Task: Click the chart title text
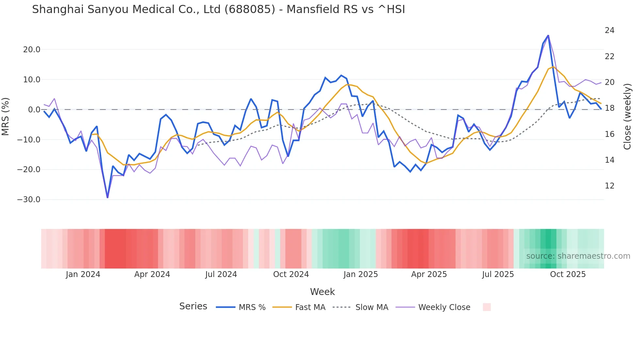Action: pos(218,9)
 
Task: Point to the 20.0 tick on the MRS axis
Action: pos(32,50)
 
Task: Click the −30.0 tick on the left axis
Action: pos(29,200)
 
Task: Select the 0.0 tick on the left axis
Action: pos(34,110)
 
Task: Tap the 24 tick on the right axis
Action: pos(609,30)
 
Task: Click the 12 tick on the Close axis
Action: pos(609,186)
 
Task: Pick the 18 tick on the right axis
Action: pos(609,108)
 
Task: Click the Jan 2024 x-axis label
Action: pos(83,274)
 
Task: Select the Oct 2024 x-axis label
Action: pos(291,274)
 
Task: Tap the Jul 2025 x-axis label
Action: pos(498,274)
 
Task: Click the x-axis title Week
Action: pos(322,292)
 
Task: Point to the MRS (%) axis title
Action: pos(6,116)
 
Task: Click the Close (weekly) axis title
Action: pos(627,116)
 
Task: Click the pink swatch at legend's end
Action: pos(487,307)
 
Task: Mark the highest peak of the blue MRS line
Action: pos(548,35)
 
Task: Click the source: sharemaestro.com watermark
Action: pos(578,256)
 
